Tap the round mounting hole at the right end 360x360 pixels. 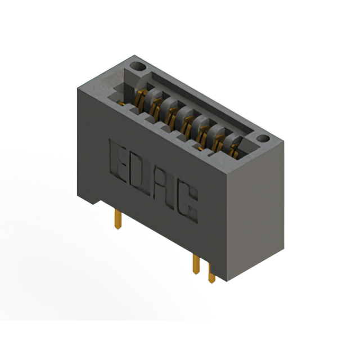[262, 138]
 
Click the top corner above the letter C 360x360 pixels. [226, 172]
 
